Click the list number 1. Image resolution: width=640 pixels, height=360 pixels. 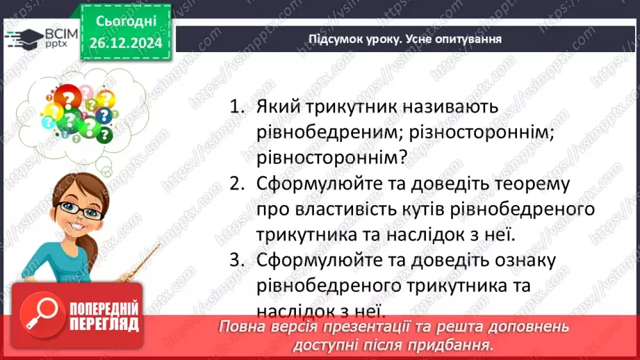[x=238, y=108]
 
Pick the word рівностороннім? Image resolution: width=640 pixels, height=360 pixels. [x=331, y=158]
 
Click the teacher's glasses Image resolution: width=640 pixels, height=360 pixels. [x=78, y=209]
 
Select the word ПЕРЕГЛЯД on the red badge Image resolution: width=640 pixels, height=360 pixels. [x=104, y=325]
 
